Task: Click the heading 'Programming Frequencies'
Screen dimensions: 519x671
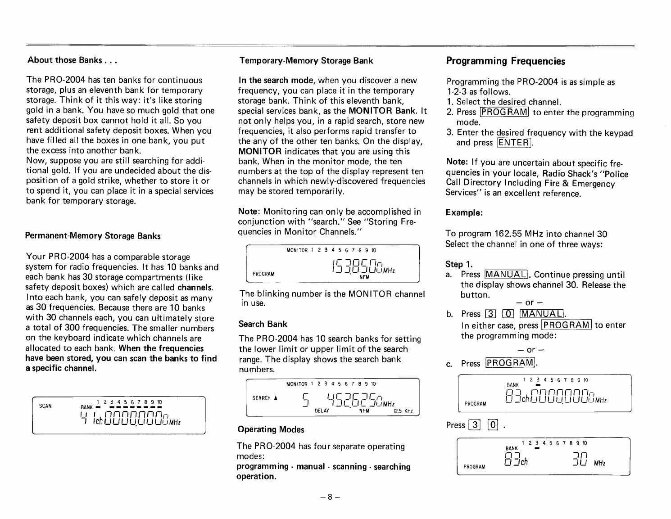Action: click(505, 61)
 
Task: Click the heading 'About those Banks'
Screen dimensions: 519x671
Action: click(72, 60)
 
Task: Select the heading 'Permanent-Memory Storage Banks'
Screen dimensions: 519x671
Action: click(93, 236)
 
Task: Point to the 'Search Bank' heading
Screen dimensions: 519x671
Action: click(263, 324)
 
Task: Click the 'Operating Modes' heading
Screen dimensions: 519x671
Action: click(271, 429)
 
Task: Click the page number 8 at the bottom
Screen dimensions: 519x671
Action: click(329, 497)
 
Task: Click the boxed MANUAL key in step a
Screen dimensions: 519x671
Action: click(506, 275)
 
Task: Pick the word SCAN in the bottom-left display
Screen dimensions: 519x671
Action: click(45, 406)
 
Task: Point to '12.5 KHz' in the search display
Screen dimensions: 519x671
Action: click(403, 411)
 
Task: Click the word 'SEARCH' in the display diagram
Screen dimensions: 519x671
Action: click(261, 398)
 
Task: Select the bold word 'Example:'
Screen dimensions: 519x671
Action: click(464, 212)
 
